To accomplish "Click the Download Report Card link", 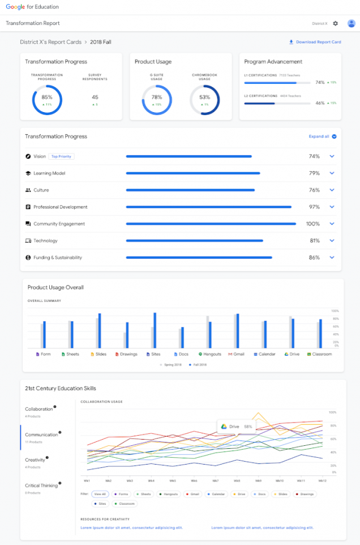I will (315, 42).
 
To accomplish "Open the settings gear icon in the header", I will (336, 23).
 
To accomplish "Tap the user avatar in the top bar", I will (351, 23).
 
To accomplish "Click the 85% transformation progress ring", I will (47, 100).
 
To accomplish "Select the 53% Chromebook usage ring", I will (204, 100).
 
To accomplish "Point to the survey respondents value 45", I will (95, 97).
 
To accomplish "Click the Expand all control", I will (322, 137).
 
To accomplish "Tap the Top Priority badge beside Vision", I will (61, 156).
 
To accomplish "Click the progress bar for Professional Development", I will (208, 207).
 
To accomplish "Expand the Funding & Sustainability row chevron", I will (332, 257).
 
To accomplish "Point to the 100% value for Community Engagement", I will (313, 224).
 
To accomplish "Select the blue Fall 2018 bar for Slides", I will (100, 331).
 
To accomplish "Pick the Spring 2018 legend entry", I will (170, 365).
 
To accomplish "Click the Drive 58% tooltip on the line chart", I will (237, 426).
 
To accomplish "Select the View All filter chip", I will (100, 494).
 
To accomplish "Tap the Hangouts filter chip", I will (168, 494).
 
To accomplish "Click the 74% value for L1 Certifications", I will (320, 82).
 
